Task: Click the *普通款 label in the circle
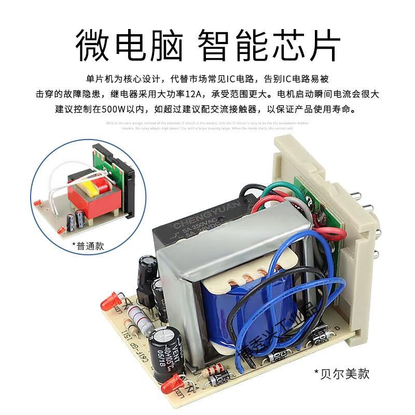pyautogui.click(x=88, y=246)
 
